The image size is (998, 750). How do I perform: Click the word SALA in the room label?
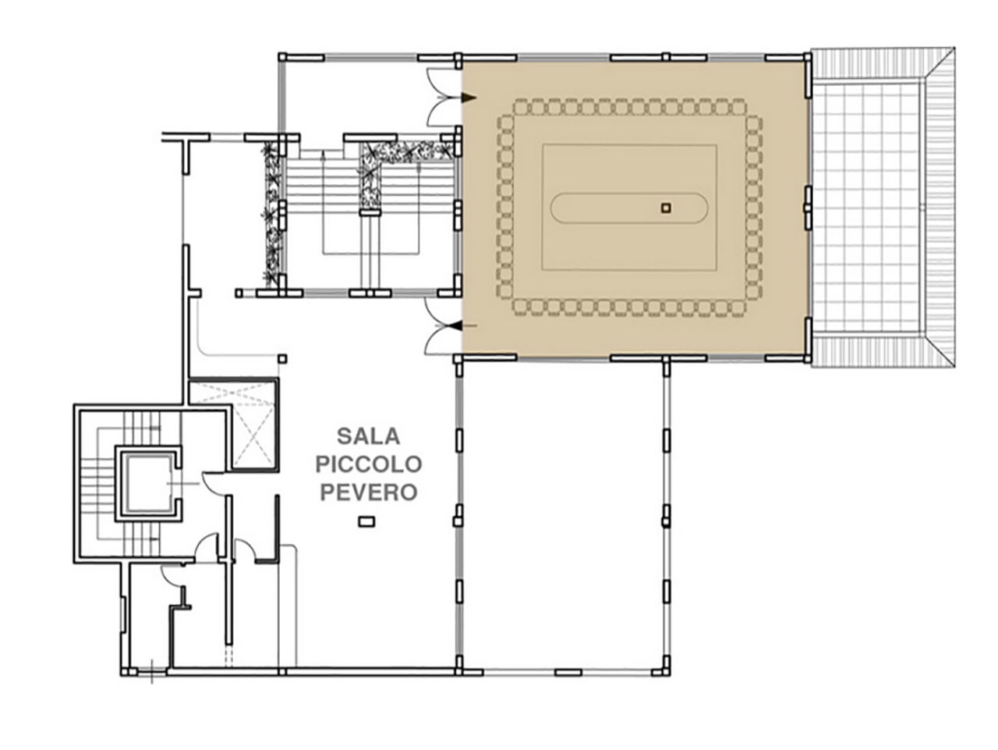368,436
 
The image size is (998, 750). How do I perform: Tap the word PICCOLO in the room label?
369,464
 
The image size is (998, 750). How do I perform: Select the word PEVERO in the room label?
369,492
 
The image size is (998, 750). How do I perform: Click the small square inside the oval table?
666,208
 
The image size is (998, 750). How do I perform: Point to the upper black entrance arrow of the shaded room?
469,98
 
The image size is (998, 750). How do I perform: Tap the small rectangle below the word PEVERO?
366,521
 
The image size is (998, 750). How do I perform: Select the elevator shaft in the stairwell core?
148,483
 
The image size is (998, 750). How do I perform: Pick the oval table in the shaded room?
628,208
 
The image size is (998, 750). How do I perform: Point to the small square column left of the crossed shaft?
282,359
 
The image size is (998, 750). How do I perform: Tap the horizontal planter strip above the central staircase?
408,150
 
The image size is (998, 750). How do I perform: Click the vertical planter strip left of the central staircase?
272,214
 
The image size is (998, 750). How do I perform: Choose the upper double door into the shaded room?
442,98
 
